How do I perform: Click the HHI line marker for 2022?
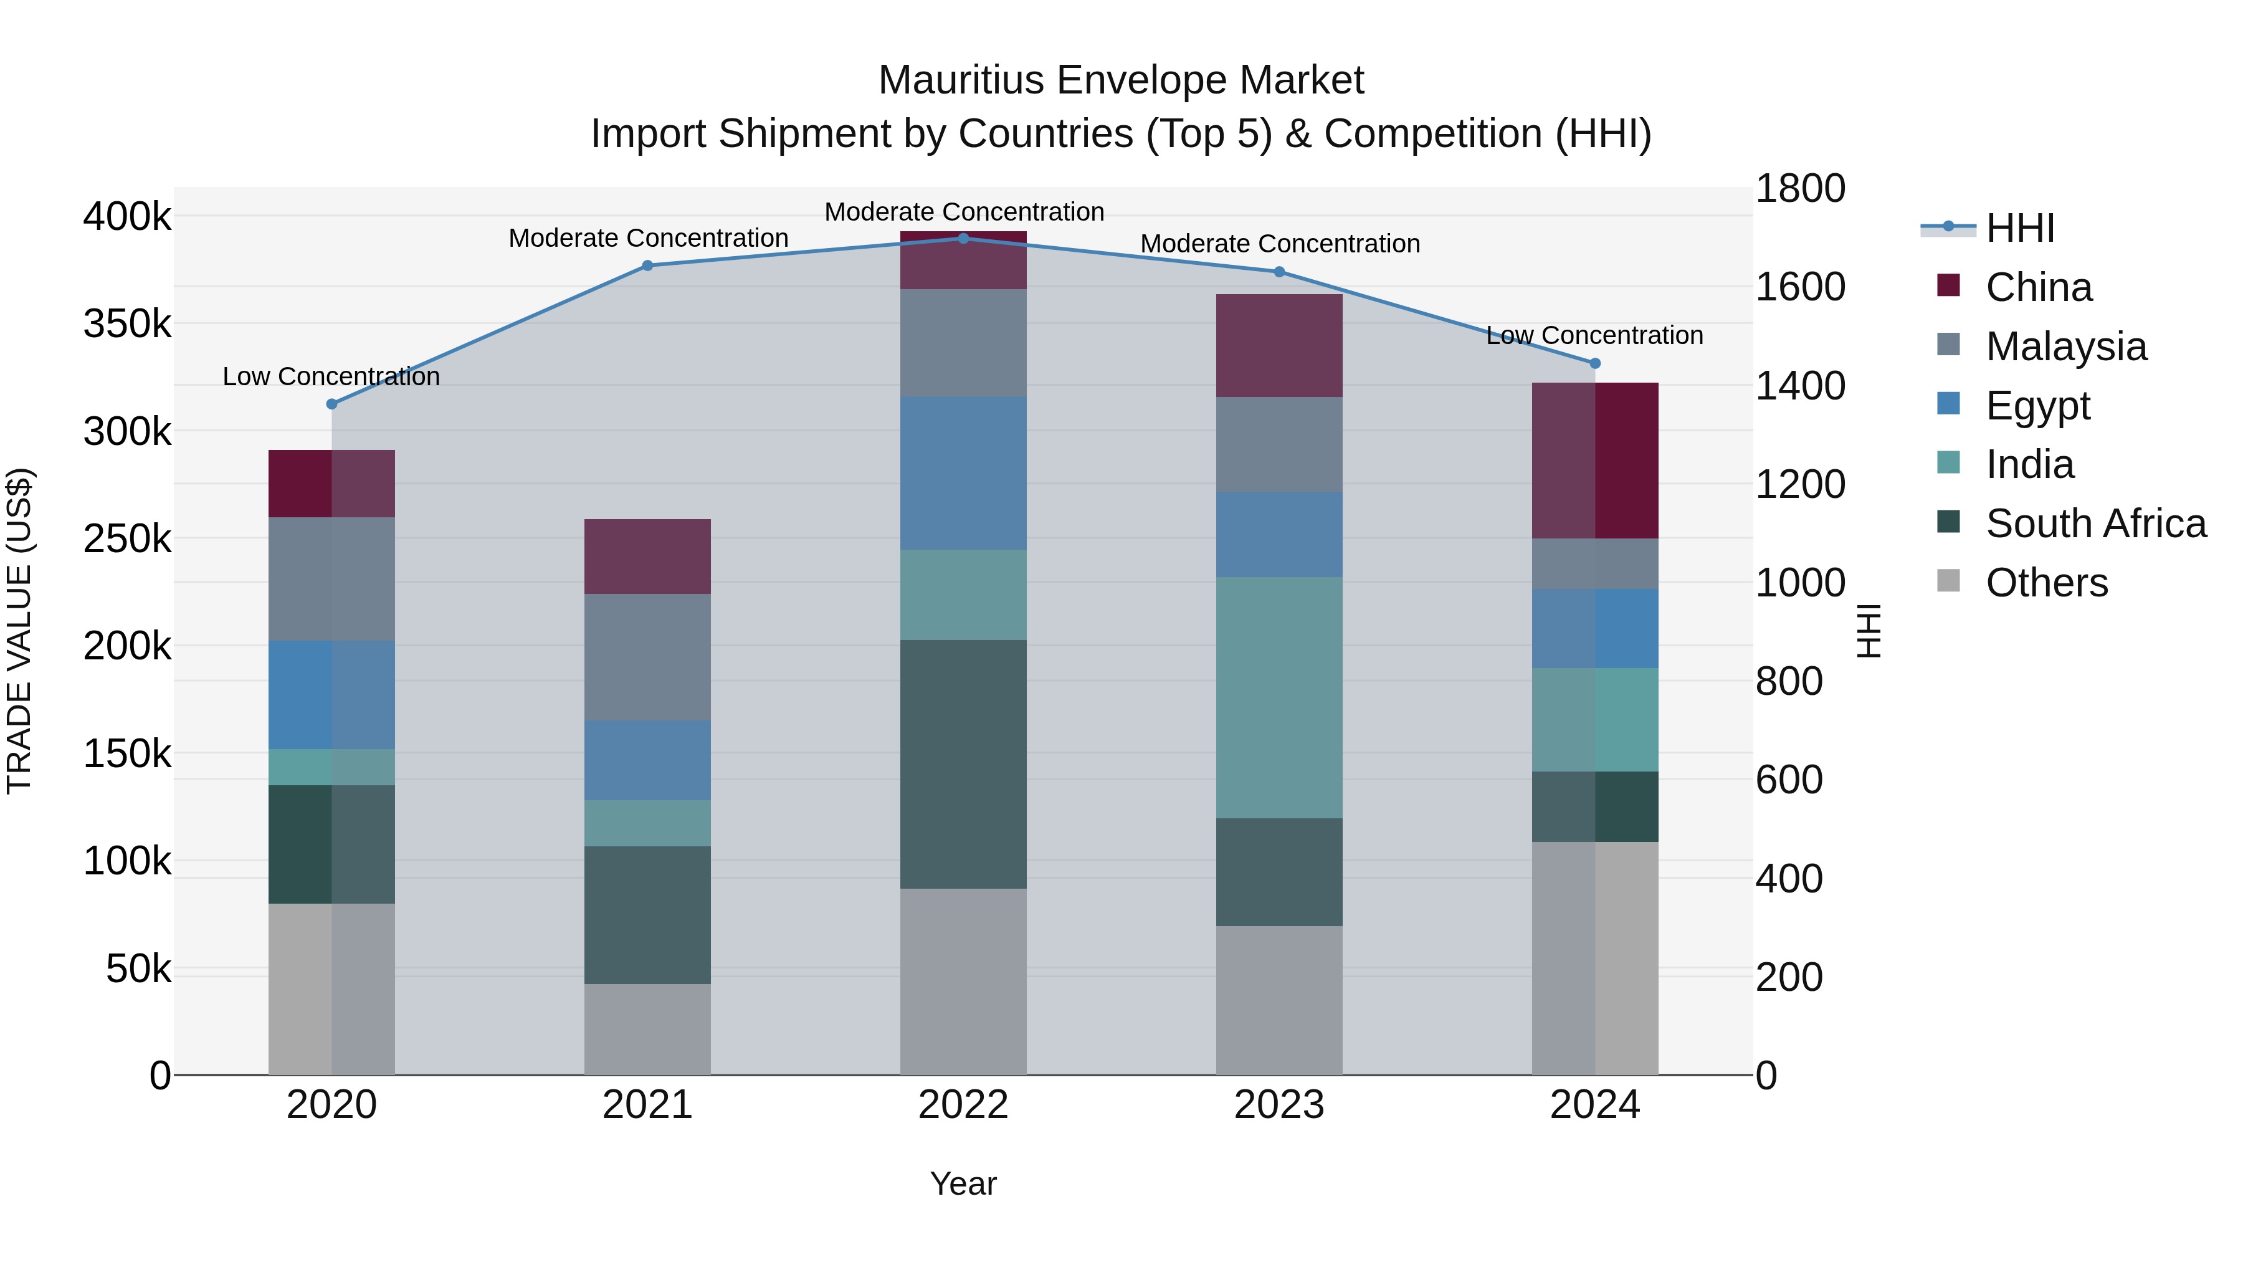point(963,238)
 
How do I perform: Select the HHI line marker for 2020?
point(331,404)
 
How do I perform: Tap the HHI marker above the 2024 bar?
point(1594,363)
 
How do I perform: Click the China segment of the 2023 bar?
point(1279,346)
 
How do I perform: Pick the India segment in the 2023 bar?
point(1279,697)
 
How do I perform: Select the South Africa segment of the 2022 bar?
point(963,764)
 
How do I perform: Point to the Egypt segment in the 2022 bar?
point(963,473)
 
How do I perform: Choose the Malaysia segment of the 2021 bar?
point(647,657)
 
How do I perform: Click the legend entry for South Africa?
point(2095,523)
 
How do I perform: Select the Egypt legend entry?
point(2037,406)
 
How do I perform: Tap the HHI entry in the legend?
point(2019,228)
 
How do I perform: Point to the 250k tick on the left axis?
point(127,538)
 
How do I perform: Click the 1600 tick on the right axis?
point(1799,287)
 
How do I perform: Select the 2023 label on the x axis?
point(1279,1105)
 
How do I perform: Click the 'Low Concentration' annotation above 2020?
point(331,376)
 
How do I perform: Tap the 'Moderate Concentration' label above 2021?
point(648,238)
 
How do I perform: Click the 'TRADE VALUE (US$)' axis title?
point(19,631)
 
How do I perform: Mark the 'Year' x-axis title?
point(963,1183)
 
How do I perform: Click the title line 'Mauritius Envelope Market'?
point(1121,80)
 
